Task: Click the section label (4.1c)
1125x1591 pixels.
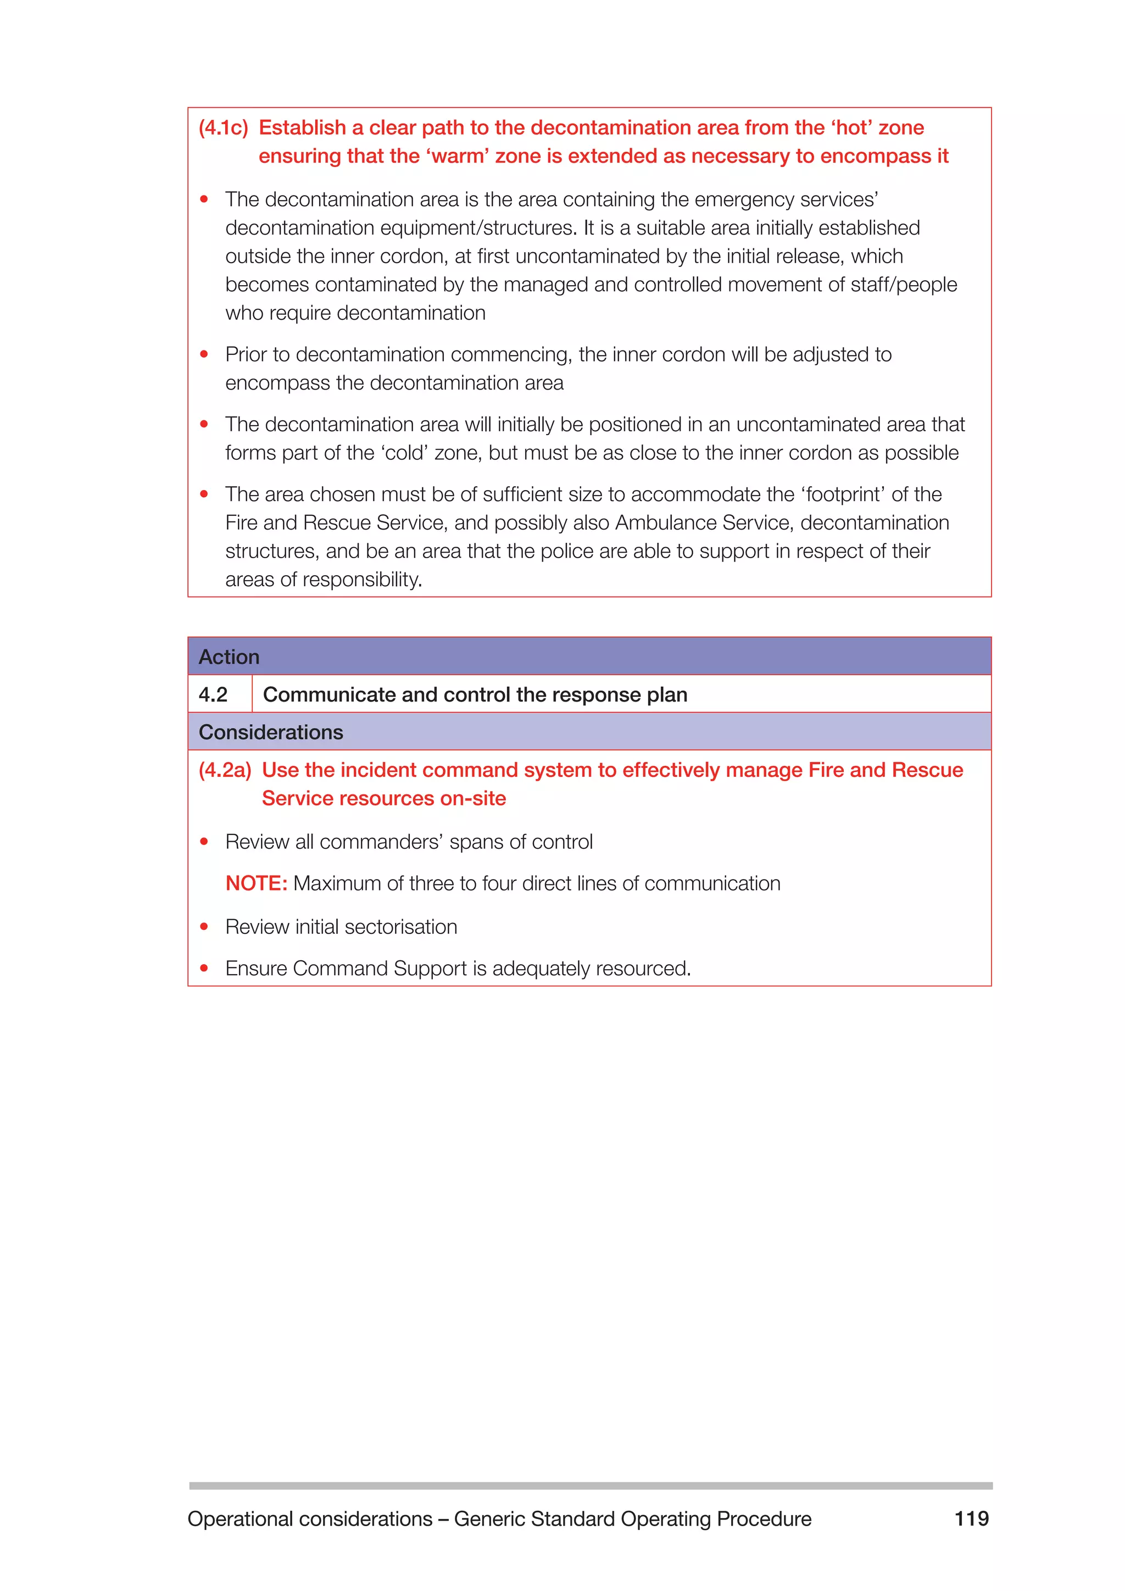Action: pos(223,128)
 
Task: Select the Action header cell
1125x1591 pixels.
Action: pos(229,657)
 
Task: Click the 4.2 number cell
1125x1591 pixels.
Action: pos(213,694)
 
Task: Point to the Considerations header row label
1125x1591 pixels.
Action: pos(271,732)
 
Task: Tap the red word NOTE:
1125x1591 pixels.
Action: pos(255,883)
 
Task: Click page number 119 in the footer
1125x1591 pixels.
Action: pos(971,1519)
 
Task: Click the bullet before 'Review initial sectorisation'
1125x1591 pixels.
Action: pos(204,926)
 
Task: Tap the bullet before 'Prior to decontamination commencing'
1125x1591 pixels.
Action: pos(204,354)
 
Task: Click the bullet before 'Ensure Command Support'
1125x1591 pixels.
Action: pos(204,968)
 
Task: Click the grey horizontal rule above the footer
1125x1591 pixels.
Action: pos(590,1486)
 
